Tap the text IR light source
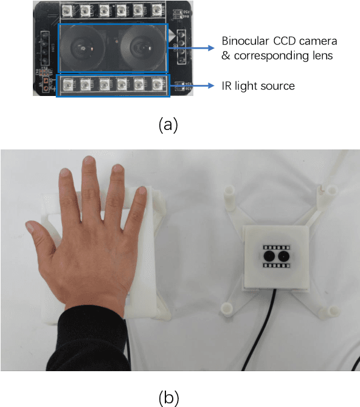[x=258, y=86]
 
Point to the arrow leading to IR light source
[x=193, y=86]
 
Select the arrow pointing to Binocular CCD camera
[x=193, y=47]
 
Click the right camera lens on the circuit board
[x=141, y=47]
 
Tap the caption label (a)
[x=168, y=125]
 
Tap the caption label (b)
[x=168, y=398]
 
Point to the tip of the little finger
[x=143, y=193]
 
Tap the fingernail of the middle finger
[x=90, y=162]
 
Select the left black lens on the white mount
[x=268, y=257]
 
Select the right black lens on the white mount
[x=283, y=257]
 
